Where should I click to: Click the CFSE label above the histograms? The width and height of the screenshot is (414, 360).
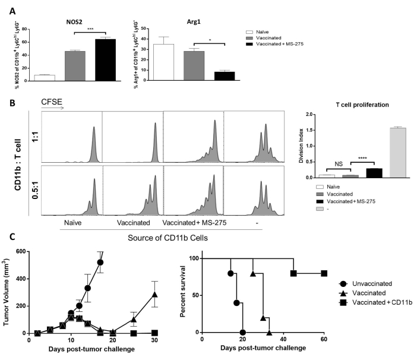pyautogui.click(x=51, y=102)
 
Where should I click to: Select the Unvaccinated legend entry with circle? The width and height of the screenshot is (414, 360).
pyautogui.click(x=353, y=285)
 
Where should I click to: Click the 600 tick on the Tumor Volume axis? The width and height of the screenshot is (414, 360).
pyautogui.click(x=20, y=251)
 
